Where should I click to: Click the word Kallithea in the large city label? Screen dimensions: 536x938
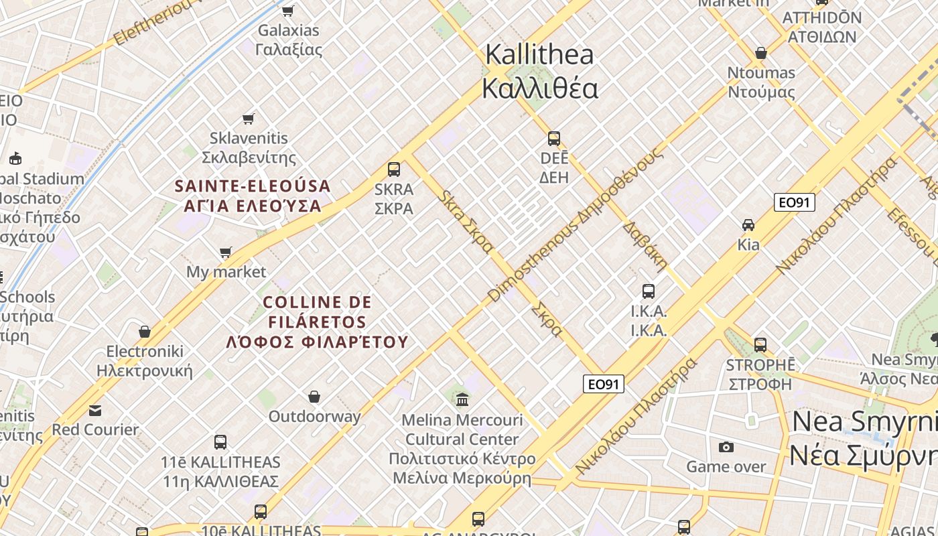tap(539, 54)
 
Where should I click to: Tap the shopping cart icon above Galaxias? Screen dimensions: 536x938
tap(288, 11)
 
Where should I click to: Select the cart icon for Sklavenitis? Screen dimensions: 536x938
tap(249, 119)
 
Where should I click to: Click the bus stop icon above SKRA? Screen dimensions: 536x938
tap(394, 169)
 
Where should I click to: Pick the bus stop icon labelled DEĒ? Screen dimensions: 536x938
tap(554, 139)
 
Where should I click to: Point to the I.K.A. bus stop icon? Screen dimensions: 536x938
tap(649, 291)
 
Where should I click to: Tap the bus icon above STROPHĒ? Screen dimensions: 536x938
tap(760, 345)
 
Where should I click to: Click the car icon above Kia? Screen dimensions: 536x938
tap(748, 225)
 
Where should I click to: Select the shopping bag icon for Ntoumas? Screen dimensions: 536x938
tap(761, 53)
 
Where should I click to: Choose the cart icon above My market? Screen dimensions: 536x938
tap(226, 253)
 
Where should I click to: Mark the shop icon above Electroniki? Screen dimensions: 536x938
tap(145, 332)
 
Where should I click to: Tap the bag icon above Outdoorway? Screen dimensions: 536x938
tap(314, 397)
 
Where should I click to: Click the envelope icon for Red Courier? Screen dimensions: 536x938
tap(95, 410)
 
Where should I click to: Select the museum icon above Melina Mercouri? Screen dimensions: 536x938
tap(462, 400)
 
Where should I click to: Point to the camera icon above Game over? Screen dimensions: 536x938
tap(726, 447)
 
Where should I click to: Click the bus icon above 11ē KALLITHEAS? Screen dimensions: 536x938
tap(220, 442)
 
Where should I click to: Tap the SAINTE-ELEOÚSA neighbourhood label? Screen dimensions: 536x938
tap(253, 186)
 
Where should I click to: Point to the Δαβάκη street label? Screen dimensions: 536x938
tap(645, 245)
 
